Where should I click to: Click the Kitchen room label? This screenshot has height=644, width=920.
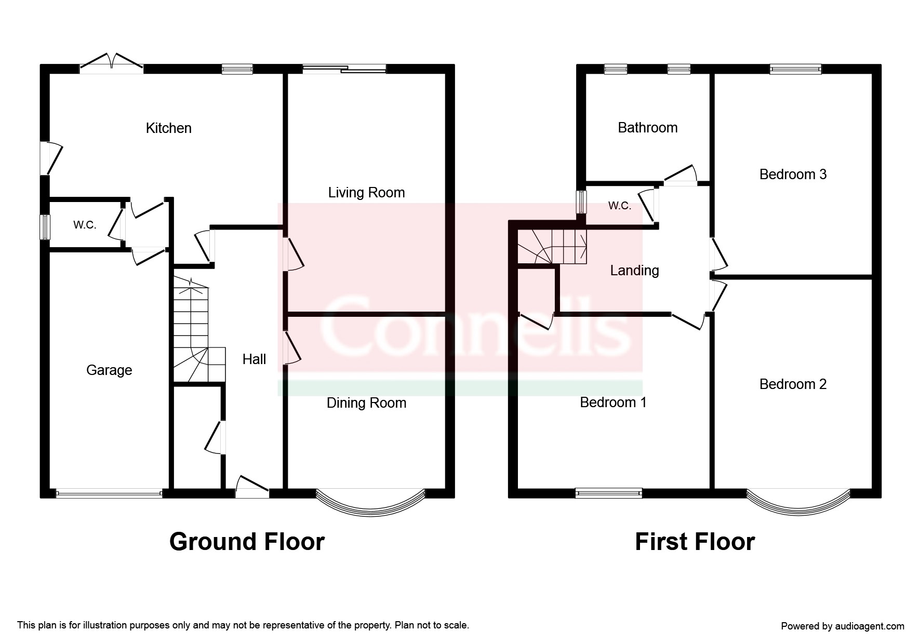click(x=168, y=128)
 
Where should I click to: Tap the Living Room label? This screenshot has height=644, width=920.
click(x=366, y=193)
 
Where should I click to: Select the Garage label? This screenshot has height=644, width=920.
click(x=109, y=370)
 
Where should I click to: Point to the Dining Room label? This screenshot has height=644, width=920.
click(x=366, y=403)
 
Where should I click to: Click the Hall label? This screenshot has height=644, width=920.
click(x=254, y=359)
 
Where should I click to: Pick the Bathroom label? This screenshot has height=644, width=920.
click(x=647, y=128)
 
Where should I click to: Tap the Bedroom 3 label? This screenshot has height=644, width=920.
click(x=793, y=175)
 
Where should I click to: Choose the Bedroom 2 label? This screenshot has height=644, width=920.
click(x=793, y=384)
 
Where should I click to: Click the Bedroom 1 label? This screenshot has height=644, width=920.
click(x=613, y=403)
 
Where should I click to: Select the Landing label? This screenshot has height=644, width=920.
click(x=634, y=271)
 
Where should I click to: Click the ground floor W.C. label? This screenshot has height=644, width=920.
click(x=85, y=225)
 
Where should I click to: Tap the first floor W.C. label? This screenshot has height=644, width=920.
click(x=619, y=206)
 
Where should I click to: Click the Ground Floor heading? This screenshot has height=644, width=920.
click(x=247, y=542)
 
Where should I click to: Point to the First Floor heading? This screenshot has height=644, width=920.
click(x=695, y=542)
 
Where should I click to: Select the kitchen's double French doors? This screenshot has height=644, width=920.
click(x=111, y=61)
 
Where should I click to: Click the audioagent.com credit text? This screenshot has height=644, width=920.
click(x=842, y=626)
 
